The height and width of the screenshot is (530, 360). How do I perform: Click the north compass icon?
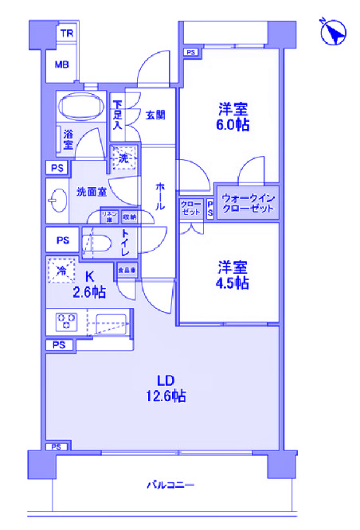332,33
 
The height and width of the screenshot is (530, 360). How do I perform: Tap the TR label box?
66,34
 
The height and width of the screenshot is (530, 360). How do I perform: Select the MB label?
61,65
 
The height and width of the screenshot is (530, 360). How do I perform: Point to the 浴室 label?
68,140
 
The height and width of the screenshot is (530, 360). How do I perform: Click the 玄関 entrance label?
155,115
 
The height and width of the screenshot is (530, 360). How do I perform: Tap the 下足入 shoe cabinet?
117,115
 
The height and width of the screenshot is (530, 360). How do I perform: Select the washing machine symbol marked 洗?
123,158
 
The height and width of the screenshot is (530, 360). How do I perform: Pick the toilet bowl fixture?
96,244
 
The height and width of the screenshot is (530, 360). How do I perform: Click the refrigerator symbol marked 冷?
62,271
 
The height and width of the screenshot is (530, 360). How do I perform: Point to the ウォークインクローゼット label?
247,203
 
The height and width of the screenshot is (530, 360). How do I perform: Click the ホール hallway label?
161,196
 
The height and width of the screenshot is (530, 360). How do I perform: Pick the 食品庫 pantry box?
126,271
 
